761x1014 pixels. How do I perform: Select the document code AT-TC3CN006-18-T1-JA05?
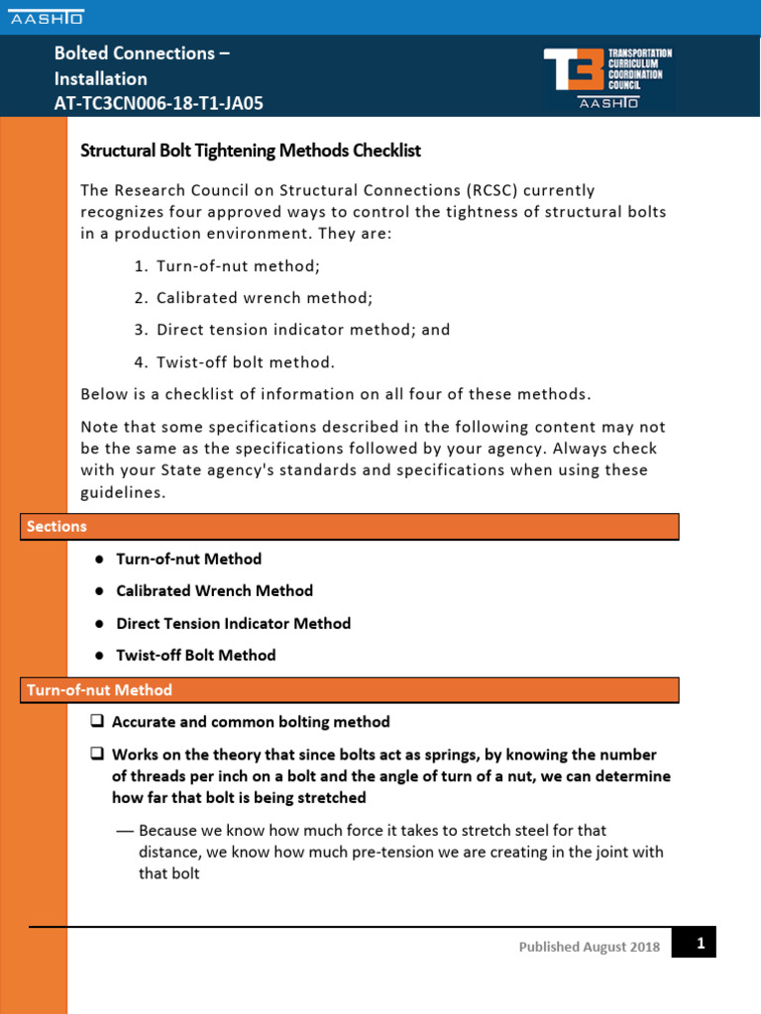(x=159, y=103)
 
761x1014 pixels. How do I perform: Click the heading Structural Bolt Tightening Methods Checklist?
(x=250, y=151)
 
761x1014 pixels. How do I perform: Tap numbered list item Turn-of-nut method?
(x=238, y=266)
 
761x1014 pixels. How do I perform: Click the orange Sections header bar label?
(x=57, y=527)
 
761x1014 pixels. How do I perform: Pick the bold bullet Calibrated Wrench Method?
(x=214, y=591)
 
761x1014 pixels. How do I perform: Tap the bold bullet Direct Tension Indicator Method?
(x=233, y=624)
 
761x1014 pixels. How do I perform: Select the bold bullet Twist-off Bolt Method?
(x=196, y=656)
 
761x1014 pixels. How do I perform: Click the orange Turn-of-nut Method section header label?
(x=100, y=690)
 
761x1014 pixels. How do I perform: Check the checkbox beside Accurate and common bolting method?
(x=97, y=722)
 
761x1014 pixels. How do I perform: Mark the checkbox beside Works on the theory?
(x=97, y=755)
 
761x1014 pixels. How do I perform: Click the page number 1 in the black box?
(x=700, y=944)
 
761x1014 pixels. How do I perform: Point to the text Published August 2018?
(x=589, y=948)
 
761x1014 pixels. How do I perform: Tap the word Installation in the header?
(x=100, y=78)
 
